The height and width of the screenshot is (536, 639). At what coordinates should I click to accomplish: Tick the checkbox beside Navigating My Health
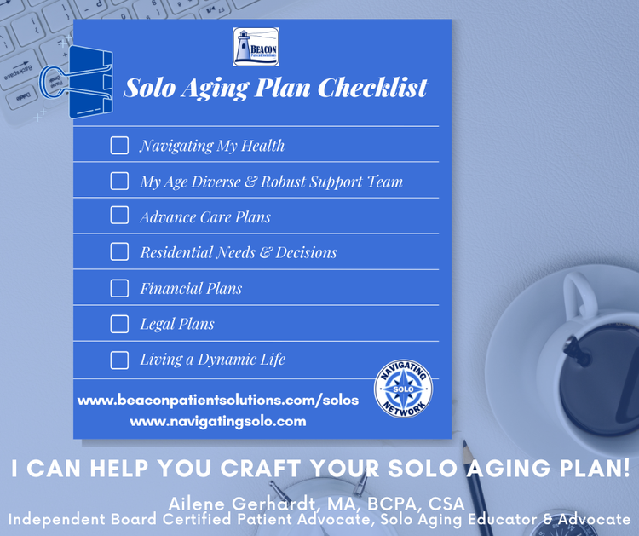point(119,146)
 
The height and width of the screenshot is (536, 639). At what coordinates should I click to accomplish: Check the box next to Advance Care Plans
point(119,216)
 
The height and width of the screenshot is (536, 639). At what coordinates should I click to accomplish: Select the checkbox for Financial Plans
point(119,288)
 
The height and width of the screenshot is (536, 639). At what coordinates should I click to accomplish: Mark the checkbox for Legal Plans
point(119,324)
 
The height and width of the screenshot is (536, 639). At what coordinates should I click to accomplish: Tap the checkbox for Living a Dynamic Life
point(119,360)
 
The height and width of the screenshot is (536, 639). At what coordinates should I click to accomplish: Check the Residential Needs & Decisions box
point(119,252)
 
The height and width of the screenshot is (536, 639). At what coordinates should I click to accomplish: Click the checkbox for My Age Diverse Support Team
point(119,182)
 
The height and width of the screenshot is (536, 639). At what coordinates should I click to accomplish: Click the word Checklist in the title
point(375,89)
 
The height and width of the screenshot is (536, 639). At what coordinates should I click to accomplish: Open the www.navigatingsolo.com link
point(217,421)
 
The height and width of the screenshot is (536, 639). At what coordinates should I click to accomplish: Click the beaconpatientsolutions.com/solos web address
point(217,400)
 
